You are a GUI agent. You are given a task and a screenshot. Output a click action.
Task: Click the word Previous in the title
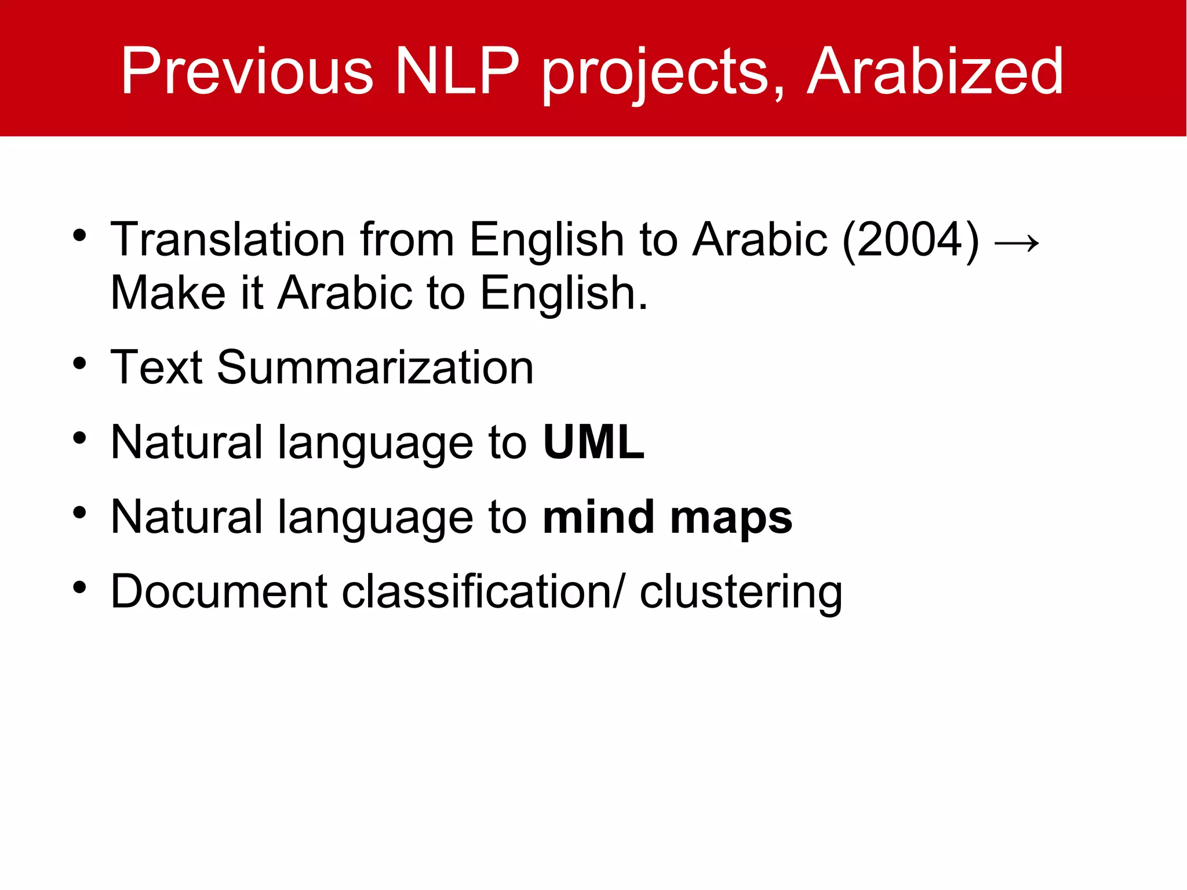(246, 72)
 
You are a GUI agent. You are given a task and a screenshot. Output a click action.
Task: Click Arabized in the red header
(934, 72)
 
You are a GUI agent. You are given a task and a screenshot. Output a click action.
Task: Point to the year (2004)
(910, 240)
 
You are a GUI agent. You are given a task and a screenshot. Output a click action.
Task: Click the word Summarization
(375, 368)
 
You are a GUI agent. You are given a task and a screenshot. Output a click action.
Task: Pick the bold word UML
(593, 442)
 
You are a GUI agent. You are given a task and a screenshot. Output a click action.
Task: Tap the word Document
(219, 591)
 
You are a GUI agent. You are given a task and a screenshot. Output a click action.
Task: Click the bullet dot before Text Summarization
(80, 364)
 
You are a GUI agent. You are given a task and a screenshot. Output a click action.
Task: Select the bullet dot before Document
(80, 588)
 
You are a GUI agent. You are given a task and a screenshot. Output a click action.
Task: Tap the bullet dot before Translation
(80, 236)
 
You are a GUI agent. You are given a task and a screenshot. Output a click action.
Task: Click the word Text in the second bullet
(156, 368)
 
